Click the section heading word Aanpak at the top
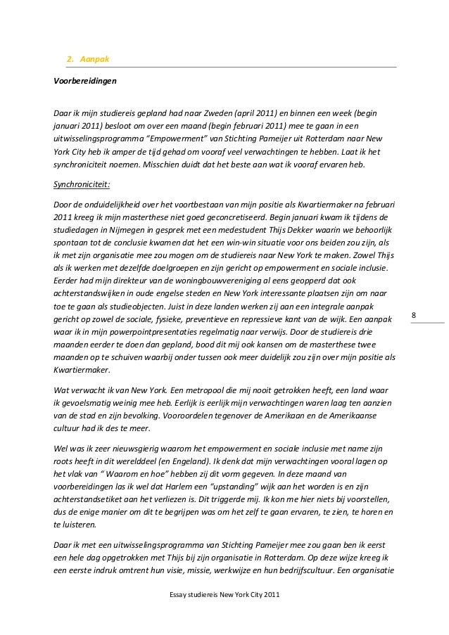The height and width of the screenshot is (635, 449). tap(94, 59)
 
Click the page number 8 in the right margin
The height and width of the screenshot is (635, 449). tap(414, 316)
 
